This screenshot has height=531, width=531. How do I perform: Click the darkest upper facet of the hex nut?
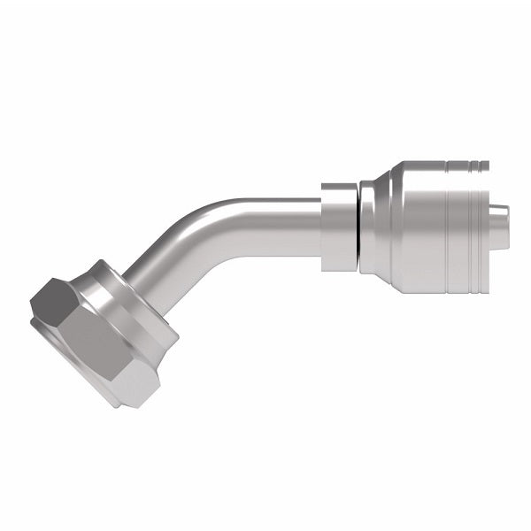coord(55,296)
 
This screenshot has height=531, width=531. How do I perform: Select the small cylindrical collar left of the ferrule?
coord(339,226)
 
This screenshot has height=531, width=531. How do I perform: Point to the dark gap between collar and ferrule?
coord(359,226)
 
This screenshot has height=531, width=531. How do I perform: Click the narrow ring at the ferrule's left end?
coord(364,226)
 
